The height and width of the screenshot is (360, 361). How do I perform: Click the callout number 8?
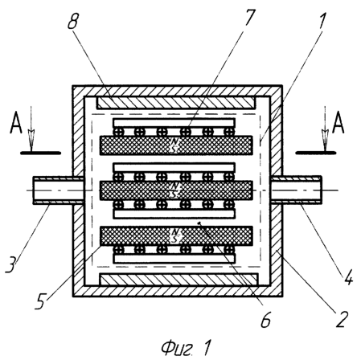(72, 21)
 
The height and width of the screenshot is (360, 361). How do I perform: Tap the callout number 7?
(248, 18)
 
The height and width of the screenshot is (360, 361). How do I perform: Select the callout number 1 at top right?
(322, 21)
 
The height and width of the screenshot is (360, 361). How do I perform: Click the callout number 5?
(41, 301)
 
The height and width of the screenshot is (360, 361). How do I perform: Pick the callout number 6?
(266, 319)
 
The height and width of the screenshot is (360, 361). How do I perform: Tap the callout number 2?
(342, 319)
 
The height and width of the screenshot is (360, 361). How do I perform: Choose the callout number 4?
(348, 276)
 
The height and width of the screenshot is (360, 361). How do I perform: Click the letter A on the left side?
(16, 123)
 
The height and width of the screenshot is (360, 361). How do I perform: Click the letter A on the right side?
(338, 123)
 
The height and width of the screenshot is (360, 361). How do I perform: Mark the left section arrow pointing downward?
(31, 129)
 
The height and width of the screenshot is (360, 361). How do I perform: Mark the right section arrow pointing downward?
(326, 129)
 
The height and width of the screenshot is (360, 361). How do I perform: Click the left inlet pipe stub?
(59, 190)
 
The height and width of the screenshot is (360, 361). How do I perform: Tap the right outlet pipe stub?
(296, 190)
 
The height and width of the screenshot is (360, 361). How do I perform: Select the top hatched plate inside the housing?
(175, 103)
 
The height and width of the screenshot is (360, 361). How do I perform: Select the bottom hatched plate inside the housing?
(178, 280)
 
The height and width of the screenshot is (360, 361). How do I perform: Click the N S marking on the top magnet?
(174, 145)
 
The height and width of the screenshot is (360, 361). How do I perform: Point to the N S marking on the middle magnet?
(174, 190)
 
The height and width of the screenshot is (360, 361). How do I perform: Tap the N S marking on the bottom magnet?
(174, 235)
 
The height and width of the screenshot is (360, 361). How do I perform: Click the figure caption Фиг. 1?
(187, 348)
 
